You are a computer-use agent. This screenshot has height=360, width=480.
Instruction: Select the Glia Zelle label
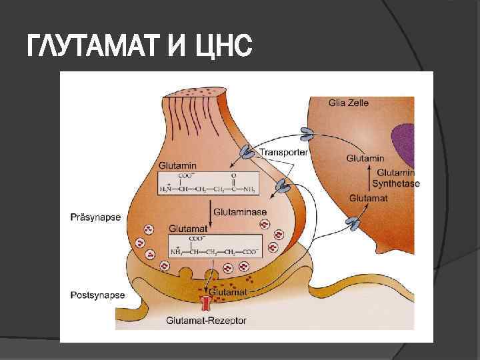348,103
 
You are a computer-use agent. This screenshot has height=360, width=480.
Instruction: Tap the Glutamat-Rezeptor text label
207,321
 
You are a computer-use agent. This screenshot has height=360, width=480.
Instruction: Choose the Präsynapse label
95,217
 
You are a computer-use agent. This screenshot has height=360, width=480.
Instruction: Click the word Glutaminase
240,211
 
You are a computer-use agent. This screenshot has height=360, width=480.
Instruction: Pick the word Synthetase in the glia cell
395,183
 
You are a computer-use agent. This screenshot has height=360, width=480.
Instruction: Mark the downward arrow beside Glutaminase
207,213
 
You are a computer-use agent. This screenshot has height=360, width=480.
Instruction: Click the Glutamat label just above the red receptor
228,292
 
